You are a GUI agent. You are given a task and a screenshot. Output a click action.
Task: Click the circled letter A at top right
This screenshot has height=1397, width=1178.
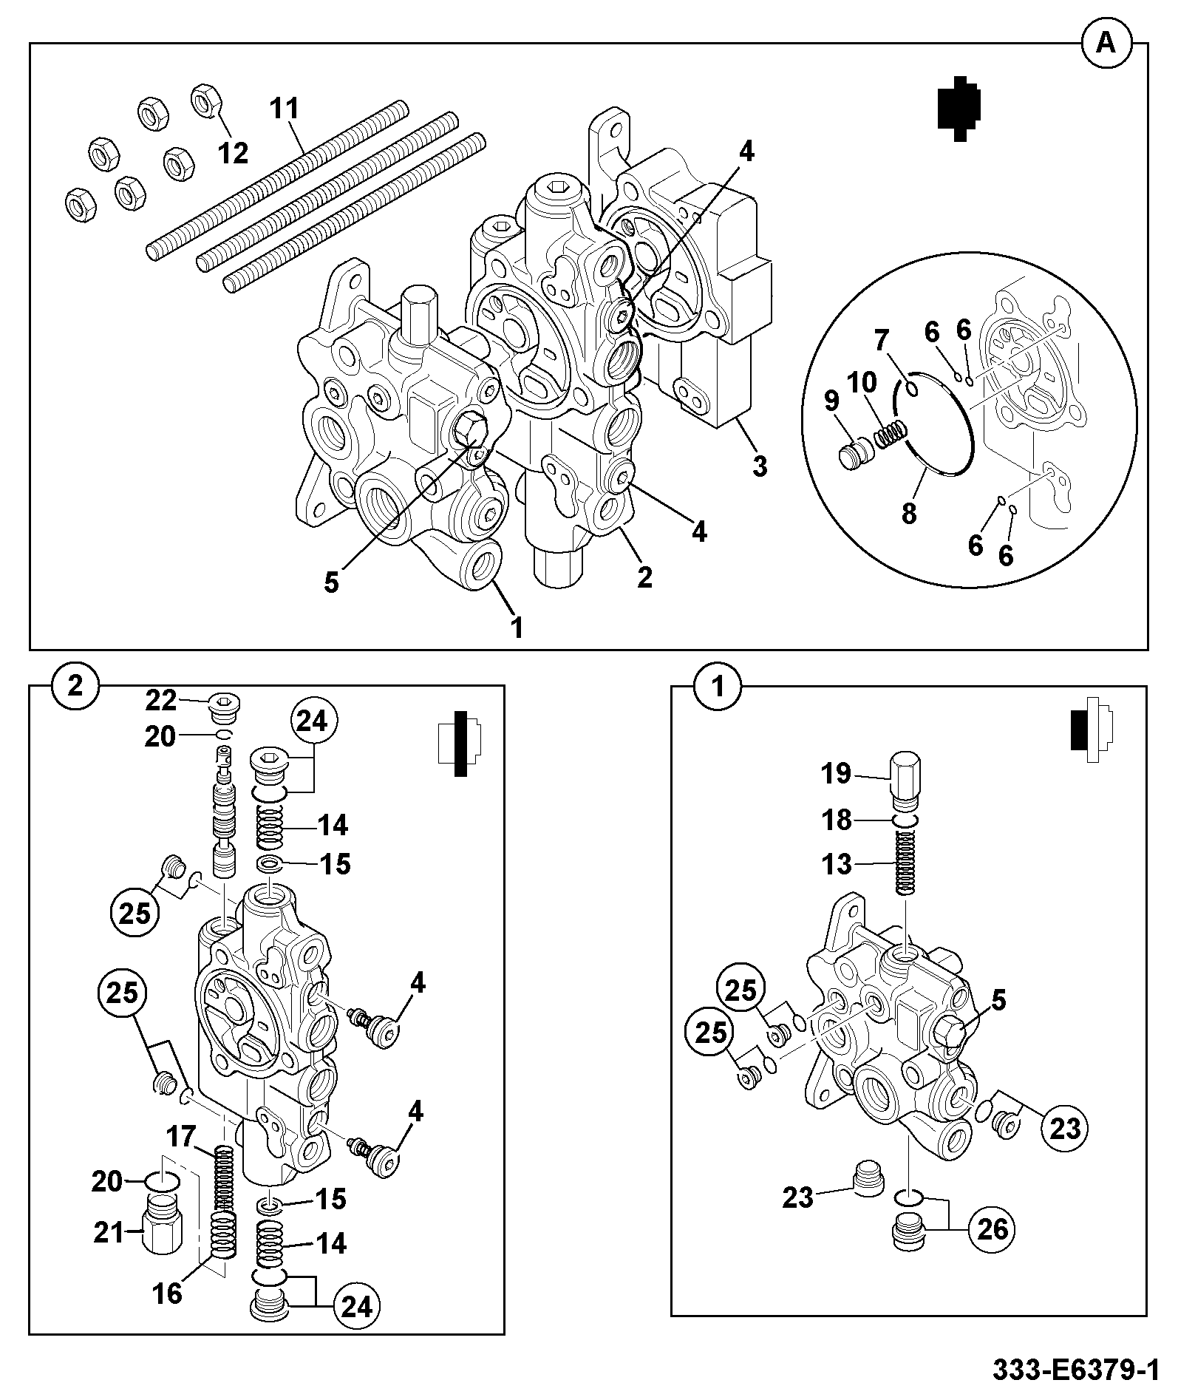1106,44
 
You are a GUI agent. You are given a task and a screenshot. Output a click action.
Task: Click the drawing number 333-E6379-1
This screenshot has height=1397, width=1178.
1075,1370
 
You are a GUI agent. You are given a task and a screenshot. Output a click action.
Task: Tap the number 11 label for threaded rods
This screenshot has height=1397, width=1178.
284,109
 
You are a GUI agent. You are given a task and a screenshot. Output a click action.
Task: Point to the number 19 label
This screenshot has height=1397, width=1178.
837,774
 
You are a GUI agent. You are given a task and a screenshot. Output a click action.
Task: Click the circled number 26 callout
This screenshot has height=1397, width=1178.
993,1228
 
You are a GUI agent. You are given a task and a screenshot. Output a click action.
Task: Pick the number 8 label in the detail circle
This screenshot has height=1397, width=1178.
908,513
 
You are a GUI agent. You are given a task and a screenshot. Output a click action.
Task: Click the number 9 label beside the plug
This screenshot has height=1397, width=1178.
831,402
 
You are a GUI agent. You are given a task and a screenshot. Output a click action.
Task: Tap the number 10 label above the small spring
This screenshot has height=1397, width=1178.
862,383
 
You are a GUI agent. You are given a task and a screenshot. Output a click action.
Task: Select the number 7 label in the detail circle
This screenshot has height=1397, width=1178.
880,341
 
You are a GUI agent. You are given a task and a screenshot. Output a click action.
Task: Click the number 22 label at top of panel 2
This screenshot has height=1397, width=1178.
160,699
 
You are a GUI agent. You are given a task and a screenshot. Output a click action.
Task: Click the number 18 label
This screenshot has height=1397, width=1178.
837,820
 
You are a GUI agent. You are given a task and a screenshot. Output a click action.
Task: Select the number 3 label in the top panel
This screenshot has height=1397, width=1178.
760,466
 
